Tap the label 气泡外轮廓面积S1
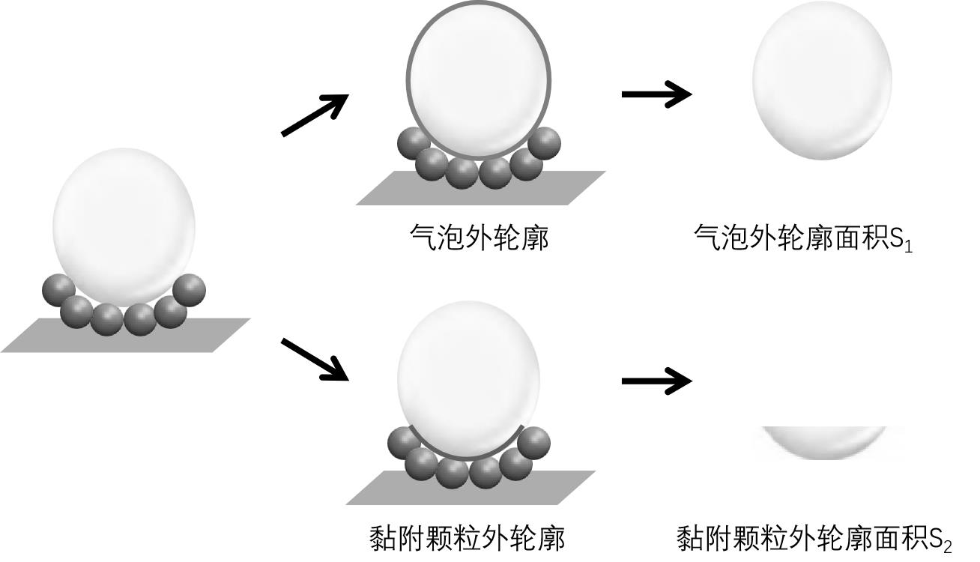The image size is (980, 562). [802, 239]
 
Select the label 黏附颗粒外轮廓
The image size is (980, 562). [468, 538]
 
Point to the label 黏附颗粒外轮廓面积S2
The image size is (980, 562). [813, 539]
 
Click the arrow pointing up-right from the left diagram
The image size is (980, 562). [315, 115]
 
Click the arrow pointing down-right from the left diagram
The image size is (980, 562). [315, 358]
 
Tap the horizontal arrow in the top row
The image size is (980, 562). [656, 94]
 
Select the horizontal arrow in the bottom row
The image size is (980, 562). [656, 381]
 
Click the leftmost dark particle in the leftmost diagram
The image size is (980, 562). [58, 291]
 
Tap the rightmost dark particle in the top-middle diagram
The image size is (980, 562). [544, 142]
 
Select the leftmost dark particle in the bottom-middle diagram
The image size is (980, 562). [404, 442]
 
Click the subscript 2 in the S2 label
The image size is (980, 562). [947, 546]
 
